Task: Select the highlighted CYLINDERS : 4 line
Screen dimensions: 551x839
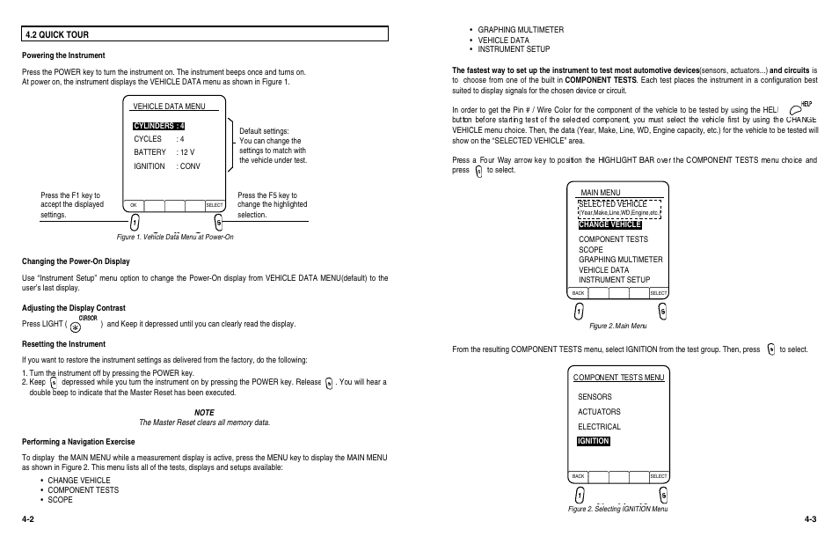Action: click(x=158, y=126)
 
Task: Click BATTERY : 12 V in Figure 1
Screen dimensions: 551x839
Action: click(x=164, y=152)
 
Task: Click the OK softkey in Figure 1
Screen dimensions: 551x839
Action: click(x=134, y=205)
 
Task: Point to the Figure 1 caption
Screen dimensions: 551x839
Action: click(x=175, y=237)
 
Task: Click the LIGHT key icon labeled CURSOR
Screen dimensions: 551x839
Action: click(x=87, y=325)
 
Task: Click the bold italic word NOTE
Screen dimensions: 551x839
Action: click(x=204, y=412)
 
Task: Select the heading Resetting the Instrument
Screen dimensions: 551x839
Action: click(x=63, y=344)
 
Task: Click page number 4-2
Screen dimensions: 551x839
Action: click(x=29, y=519)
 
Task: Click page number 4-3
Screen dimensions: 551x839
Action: click(x=810, y=519)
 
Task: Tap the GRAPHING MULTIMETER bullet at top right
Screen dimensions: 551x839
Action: click(x=521, y=30)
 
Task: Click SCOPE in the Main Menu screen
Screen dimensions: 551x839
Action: click(x=591, y=249)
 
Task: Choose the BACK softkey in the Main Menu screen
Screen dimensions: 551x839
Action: click(x=578, y=292)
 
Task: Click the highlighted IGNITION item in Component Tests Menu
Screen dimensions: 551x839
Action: click(x=594, y=441)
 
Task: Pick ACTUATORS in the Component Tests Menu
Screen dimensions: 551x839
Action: click(x=599, y=411)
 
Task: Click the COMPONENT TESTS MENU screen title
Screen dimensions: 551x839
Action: click(x=618, y=378)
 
